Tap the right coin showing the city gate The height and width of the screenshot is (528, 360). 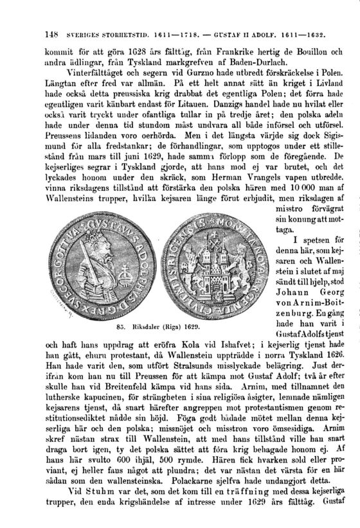[210, 261]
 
